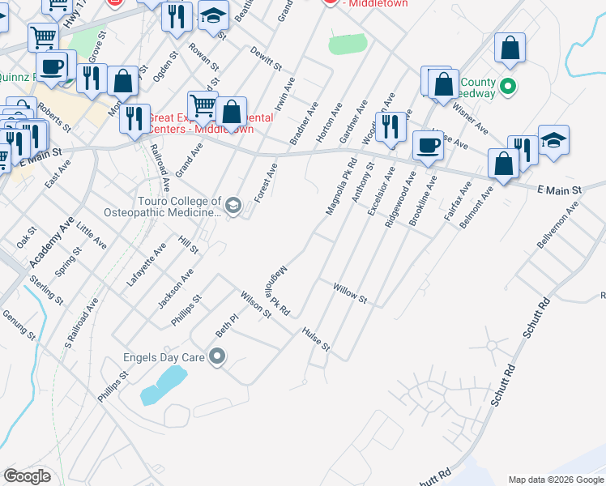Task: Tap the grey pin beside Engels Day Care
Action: pyautogui.click(x=217, y=356)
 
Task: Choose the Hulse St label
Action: pyautogui.click(x=316, y=339)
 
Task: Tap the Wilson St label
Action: pyautogui.click(x=255, y=305)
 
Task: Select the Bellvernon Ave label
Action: pyautogui.click(x=558, y=226)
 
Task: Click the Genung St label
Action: pyautogui.click(x=19, y=325)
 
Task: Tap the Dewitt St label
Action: pyautogui.click(x=265, y=58)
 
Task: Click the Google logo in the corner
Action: pyautogui.click(x=27, y=476)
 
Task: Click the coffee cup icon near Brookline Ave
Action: pyautogui.click(x=428, y=145)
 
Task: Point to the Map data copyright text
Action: pyautogui.click(x=556, y=479)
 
